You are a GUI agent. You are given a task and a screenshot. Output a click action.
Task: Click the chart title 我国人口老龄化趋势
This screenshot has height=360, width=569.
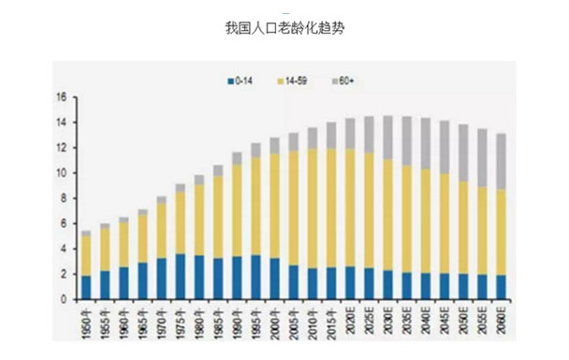285,29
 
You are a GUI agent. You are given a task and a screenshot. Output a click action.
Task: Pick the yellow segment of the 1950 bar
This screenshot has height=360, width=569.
86,255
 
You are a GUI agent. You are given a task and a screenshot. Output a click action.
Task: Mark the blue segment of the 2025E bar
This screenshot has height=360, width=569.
370,284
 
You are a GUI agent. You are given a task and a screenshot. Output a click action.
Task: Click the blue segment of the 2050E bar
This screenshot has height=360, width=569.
465,286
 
